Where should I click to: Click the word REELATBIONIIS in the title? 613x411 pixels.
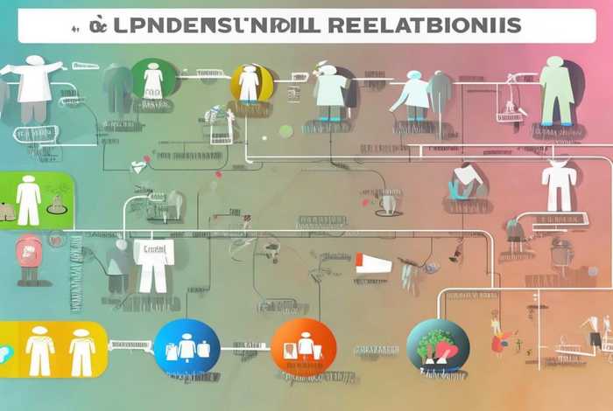click(x=421, y=26)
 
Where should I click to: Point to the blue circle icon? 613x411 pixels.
click(x=187, y=347)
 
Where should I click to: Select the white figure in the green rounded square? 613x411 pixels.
click(x=28, y=199)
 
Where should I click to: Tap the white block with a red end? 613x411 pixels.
click(x=375, y=261)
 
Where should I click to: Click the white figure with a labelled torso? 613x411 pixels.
click(x=153, y=262)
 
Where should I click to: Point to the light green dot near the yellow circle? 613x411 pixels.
click(x=285, y=130)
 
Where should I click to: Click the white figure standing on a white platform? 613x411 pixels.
click(x=557, y=185)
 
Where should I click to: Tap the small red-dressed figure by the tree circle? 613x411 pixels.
click(x=499, y=337)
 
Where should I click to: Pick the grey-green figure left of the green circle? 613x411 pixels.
click(x=115, y=87)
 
